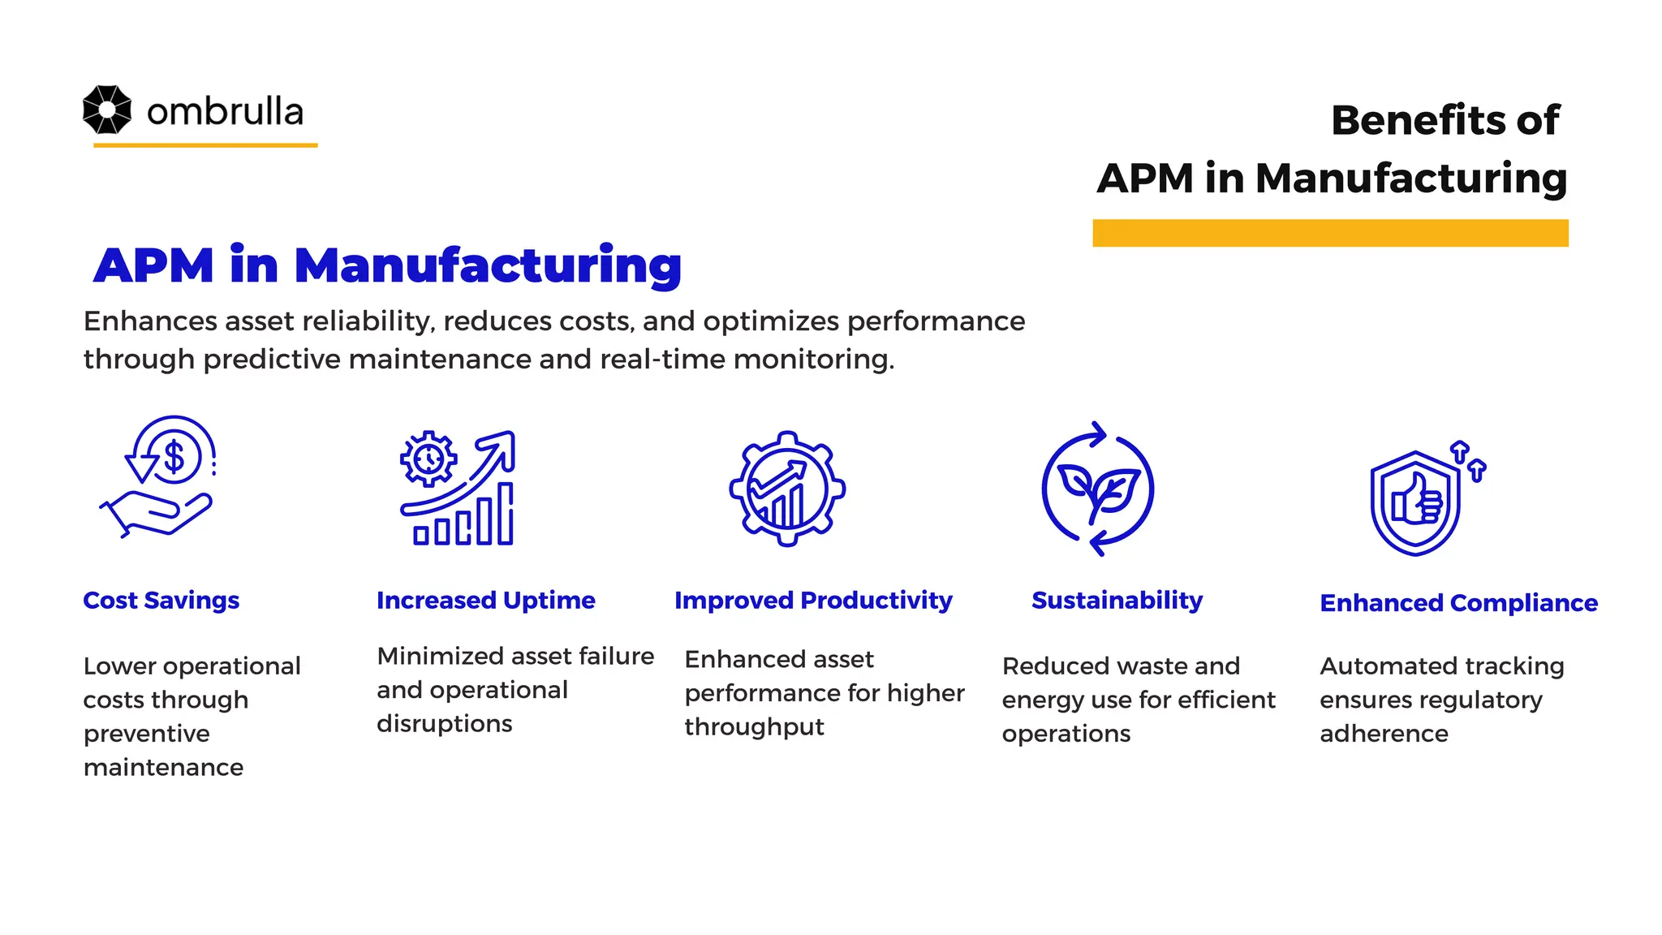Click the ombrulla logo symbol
106,110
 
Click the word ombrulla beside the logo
225,112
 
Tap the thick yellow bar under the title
1329,233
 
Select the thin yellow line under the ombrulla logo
205,145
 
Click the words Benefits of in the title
1444,120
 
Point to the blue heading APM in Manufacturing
387,265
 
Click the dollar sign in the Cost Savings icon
174,456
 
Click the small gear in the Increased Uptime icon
428,459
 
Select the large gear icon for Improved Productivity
786,489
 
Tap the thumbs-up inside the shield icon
1417,501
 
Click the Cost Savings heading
161,601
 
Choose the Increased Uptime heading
485,601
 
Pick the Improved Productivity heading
812,601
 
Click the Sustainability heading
1117,601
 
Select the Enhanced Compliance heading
1458,603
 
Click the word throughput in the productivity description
754,727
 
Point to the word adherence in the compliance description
1384,734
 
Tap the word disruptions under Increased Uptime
444,724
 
